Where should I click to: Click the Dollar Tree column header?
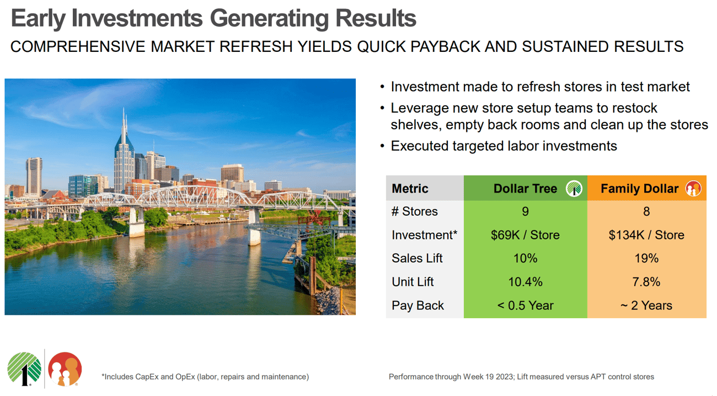click(x=525, y=189)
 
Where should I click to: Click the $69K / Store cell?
click(x=525, y=235)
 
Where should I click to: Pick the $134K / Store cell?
click(x=646, y=235)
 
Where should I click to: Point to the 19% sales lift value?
click(x=646, y=258)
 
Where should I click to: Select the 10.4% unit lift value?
click(x=525, y=282)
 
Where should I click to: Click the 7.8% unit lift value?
click(x=646, y=282)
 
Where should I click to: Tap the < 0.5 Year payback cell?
click(x=525, y=306)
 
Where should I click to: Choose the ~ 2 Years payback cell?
click(x=646, y=306)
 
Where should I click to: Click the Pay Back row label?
click(x=418, y=306)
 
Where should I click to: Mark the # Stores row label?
click(x=415, y=211)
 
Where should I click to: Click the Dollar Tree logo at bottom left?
click(x=24, y=369)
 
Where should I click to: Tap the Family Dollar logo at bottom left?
click(x=65, y=369)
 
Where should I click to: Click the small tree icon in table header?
click(x=574, y=189)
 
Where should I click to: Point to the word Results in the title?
click(x=376, y=19)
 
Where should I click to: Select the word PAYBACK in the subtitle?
click(x=445, y=47)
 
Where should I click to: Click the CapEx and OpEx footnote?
click(x=205, y=377)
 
